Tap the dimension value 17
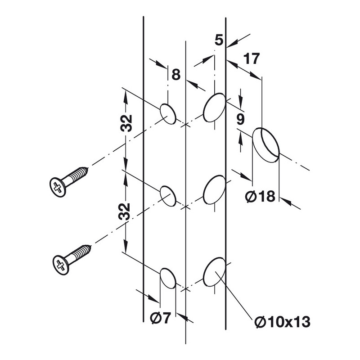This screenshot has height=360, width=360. (x=252, y=58)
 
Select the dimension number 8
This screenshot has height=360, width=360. (x=176, y=74)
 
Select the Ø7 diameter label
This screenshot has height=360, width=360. (x=160, y=318)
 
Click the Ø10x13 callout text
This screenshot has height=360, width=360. (x=282, y=322)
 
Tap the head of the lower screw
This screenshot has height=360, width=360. (x=60, y=264)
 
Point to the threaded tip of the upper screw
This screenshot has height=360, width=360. (x=85, y=171)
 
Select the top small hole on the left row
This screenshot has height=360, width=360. (x=167, y=113)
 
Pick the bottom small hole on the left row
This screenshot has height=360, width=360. (x=167, y=277)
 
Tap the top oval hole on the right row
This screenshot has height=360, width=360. (x=214, y=107)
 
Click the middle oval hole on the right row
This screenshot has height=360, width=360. (x=214, y=189)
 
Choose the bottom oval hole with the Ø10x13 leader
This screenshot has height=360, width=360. (x=214, y=271)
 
